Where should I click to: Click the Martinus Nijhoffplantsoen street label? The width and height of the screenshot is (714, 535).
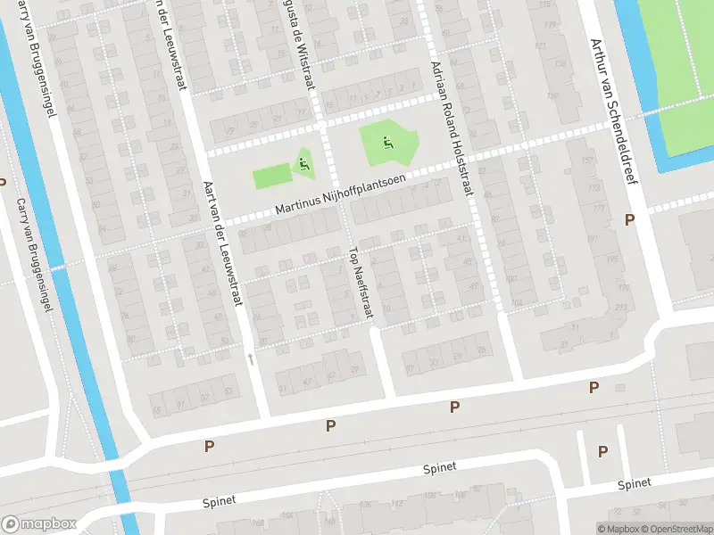pyautogui.click(x=340, y=193)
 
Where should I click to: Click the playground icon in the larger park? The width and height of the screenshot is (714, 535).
pyautogui.click(x=386, y=142)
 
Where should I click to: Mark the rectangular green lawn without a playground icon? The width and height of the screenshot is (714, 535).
pyautogui.click(x=272, y=176)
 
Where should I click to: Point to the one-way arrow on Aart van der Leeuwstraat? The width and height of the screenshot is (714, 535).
pyautogui.click(x=251, y=358)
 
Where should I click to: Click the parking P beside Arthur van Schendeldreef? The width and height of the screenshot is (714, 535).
pyautogui.click(x=629, y=219)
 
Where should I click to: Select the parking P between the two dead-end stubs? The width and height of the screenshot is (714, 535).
pyautogui.click(x=602, y=451)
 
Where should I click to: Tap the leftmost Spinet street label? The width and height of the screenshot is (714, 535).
pyautogui.click(x=218, y=501)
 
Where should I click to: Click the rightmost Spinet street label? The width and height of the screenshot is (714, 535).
pyautogui.click(x=634, y=483)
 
